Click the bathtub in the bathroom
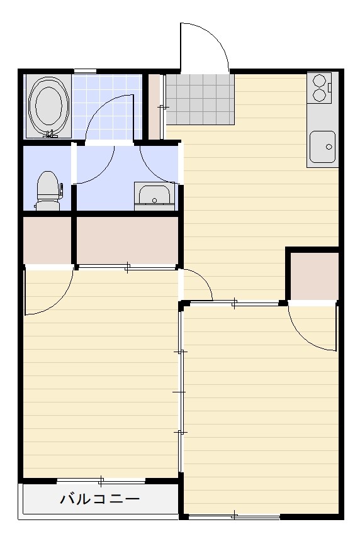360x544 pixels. [48, 106]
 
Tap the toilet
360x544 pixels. [49, 191]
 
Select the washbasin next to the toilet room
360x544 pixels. [154, 196]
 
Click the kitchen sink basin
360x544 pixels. [322, 147]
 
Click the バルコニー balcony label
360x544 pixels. [100, 499]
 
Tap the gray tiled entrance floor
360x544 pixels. [200, 99]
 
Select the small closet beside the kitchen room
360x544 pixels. [314, 276]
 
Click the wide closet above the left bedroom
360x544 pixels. [127, 240]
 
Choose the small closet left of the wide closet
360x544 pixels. [47, 240]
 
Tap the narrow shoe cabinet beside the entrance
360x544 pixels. [154, 106]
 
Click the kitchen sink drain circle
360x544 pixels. [329, 147]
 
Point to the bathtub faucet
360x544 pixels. [51, 134]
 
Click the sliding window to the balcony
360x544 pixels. [101, 480]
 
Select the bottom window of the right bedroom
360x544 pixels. [234, 516]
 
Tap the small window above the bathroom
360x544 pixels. [85, 71]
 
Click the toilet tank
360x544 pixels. [48, 205]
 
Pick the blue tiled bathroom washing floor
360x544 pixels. [107, 106]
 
